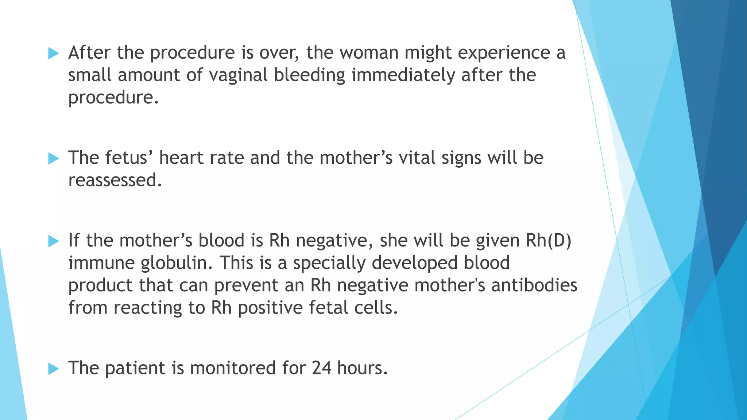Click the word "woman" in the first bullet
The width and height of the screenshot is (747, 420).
pos(369,53)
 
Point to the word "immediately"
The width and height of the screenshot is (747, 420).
pos(403,75)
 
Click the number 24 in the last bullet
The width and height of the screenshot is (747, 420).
pos(321,368)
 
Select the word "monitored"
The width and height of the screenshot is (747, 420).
pos(233,368)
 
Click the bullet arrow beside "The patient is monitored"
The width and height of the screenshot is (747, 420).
pos(53,369)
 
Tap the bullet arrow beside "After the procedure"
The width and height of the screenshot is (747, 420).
pos(53,54)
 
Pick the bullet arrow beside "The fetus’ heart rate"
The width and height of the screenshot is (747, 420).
pos(53,159)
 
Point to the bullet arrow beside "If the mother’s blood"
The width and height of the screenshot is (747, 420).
pos(53,241)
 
